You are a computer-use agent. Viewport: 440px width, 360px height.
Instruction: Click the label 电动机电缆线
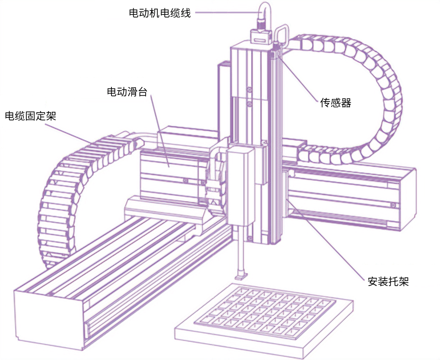[160, 13]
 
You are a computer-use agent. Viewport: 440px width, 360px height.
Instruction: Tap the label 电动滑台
[127, 92]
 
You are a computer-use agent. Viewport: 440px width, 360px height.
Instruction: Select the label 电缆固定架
[30, 116]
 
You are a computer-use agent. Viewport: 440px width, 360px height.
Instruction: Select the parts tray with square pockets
[263, 317]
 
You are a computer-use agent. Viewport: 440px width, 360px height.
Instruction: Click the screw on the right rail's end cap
[393, 205]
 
